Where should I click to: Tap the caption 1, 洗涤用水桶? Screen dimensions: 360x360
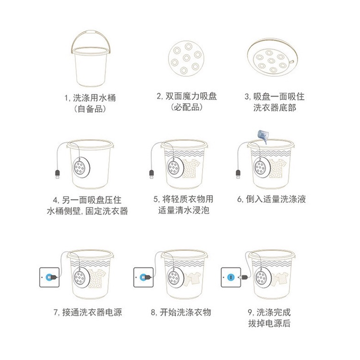coord(90,98)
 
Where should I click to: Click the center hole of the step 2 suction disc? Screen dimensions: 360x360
coord(186,58)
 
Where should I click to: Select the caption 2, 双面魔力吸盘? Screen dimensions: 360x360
coord(187,96)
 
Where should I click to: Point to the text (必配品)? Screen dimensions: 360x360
coord(187,107)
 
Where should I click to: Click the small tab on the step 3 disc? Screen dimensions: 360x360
coord(291,62)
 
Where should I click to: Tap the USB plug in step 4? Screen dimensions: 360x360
coord(58,175)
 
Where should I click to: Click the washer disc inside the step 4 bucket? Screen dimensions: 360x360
coord(81,168)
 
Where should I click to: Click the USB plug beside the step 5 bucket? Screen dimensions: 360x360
coord(152,175)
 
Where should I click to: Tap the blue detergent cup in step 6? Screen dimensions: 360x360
coord(264,136)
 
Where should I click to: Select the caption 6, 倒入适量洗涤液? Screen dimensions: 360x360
coord(271,199)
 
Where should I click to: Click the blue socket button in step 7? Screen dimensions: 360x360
coord(48,277)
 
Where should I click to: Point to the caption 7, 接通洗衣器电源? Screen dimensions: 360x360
coord(88,312)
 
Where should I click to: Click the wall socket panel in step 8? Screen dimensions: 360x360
coord(144,277)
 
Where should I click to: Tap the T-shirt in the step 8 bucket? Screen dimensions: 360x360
coord(192,279)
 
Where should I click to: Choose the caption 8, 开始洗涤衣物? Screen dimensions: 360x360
coord(181,312)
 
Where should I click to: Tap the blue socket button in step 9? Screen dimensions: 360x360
coord(231,277)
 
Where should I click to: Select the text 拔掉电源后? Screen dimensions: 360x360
coord(269,323)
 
